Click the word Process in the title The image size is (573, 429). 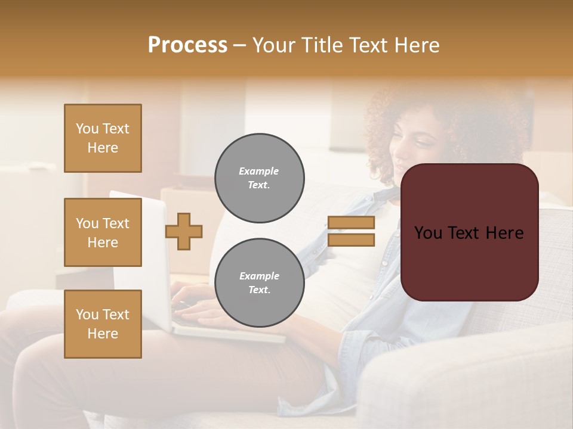187,45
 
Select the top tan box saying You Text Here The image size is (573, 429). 103,138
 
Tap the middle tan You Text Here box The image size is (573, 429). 103,232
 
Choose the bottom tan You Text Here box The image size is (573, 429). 103,324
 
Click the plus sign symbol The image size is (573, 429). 184,231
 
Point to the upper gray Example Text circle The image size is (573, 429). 259,178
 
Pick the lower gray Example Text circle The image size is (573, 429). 259,283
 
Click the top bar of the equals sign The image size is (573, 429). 351,223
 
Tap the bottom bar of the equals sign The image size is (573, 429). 351,240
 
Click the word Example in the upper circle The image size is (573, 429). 259,171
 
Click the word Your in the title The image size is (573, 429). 275,45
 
